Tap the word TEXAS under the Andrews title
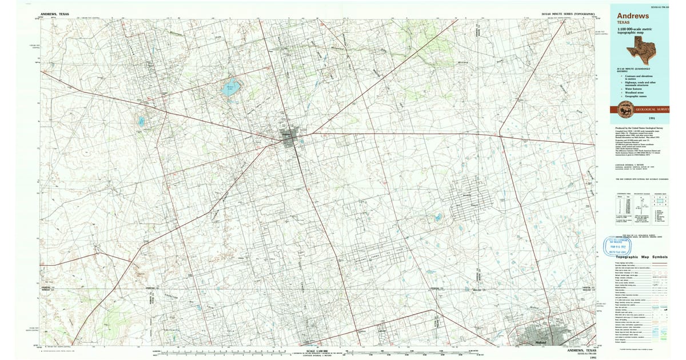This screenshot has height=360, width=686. (623, 22)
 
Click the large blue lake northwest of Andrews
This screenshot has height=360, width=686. (230, 87)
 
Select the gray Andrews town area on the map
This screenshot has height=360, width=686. (291, 137)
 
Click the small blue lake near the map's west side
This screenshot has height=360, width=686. (140, 121)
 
